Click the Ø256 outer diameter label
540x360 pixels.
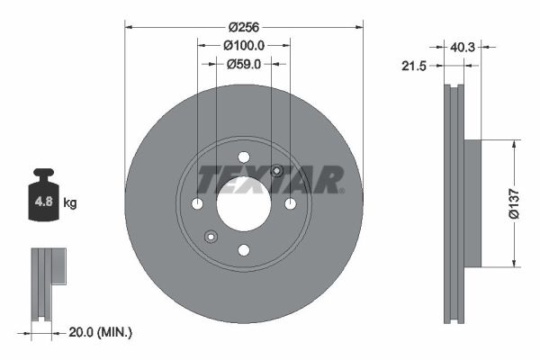(x=244, y=27)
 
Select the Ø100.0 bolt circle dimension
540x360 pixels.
(x=244, y=45)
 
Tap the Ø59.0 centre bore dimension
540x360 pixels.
(x=244, y=64)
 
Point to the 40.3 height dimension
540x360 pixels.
(x=463, y=47)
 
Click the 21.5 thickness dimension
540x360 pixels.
(x=414, y=66)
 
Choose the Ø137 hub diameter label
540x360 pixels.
(x=514, y=203)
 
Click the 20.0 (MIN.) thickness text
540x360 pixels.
(x=100, y=332)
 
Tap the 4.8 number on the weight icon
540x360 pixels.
(x=44, y=202)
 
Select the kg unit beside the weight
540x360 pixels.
(x=70, y=202)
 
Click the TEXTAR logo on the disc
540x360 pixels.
(x=271, y=179)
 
